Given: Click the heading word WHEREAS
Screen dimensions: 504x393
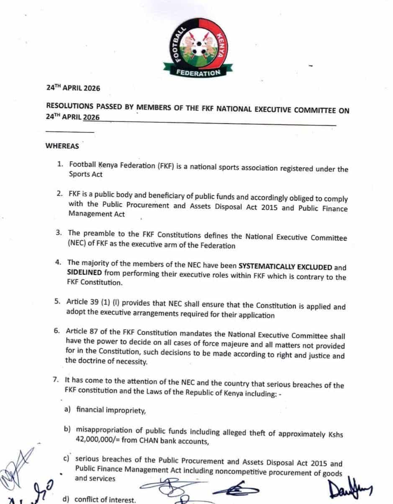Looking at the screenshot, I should click(x=62, y=146).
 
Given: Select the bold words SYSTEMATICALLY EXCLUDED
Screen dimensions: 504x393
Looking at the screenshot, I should click(x=285, y=267).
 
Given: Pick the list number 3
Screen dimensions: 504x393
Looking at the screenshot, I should click(x=59, y=232).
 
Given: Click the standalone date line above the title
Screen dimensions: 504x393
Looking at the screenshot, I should click(x=73, y=88).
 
